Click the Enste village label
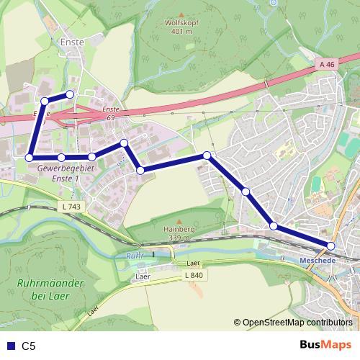tap(73, 42)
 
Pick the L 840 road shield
tap(193, 275)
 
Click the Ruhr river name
tap(134, 256)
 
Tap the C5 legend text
tap(29, 346)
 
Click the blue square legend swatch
tap(9, 346)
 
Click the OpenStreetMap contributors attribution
tap(297, 323)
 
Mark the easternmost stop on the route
tap(330, 246)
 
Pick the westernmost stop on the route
tap(30, 157)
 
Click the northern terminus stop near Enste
tap(70, 94)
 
